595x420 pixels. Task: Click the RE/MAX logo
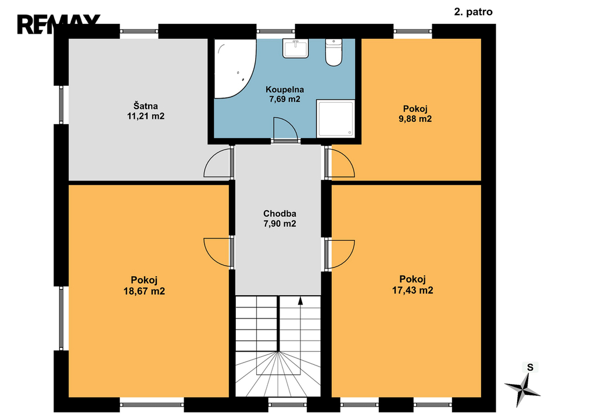pyautogui.click(x=59, y=24)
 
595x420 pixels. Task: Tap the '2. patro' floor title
pyautogui.click(x=473, y=12)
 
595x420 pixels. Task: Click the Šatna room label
pyautogui.click(x=145, y=106)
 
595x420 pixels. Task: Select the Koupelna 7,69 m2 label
pyautogui.click(x=285, y=95)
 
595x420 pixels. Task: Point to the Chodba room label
pyautogui.click(x=279, y=213)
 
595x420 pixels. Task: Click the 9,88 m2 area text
pyautogui.click(x=415, y=119)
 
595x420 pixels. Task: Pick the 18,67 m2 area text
pyautogui.click(x=144, y=291)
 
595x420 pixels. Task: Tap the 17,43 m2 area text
pyautogui.click(x=413, y=291)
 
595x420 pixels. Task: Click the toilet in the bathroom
pyautogui.click(x=334, y=52)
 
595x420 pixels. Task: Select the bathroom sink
pyautogui.click(x=295, y=49)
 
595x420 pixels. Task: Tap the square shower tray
pyautogui.click(x=335, y=118)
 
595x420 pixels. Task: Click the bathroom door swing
pyautogui.click(x=285, y=129)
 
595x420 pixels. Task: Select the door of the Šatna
pyautogui.click(x=217, y=163)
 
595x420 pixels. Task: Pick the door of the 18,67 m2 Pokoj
pyautogui.click(x=217, y=252)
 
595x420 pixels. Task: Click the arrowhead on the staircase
pyautogui.click(x=300, y=300)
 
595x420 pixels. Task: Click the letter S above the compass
pyautogui.click(x=530, y=367)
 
